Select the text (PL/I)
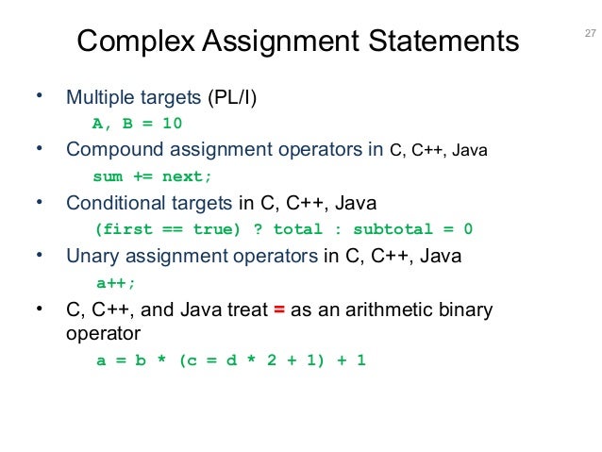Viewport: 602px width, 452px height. [232, 97]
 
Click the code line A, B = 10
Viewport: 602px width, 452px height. [137, 124]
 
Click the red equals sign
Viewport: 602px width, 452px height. [279, 310]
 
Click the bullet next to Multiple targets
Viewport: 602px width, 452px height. [39, 96]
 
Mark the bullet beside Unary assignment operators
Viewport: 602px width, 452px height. [39, 254]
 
